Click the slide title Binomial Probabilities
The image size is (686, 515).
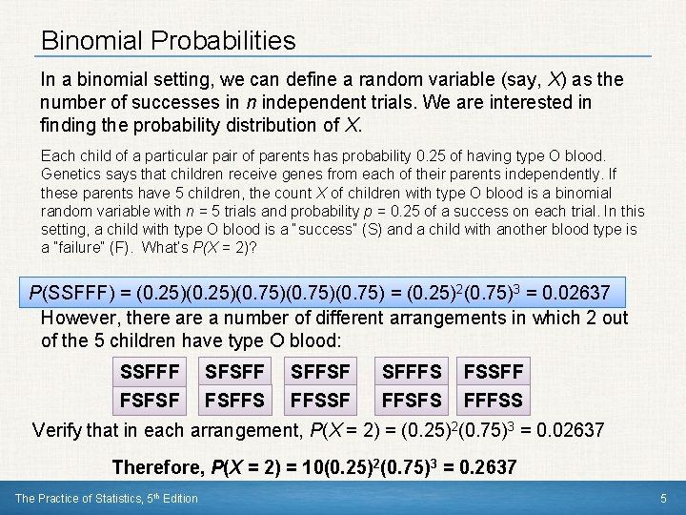tap(169, 41)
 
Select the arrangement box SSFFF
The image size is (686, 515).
tap(150, 370)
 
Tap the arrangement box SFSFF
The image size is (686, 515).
tap(233, 370)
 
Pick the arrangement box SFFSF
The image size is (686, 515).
tap(320, 370)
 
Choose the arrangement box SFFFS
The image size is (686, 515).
tap(412, 370)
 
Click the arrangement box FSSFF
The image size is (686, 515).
tap(493, 370)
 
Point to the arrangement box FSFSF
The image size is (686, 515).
tap(150, 398)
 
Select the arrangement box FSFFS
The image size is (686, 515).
tap(233, 398)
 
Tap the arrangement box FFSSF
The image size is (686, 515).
tap(320, 398)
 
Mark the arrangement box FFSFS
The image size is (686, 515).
tap(412, 398)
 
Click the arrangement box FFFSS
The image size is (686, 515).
tap(493, 398)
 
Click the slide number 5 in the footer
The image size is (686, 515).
tap(663, 498)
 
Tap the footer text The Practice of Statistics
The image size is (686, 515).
tap(106, 498)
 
